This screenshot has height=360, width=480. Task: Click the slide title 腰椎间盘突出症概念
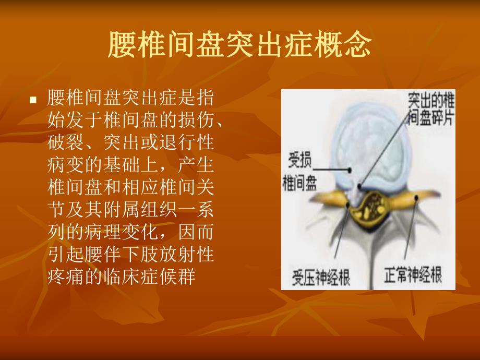click(239, 45)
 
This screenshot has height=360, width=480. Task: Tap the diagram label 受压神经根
click(321, 275)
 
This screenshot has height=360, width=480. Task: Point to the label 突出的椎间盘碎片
click(430, 108)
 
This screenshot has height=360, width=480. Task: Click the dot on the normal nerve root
click(416, 197)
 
